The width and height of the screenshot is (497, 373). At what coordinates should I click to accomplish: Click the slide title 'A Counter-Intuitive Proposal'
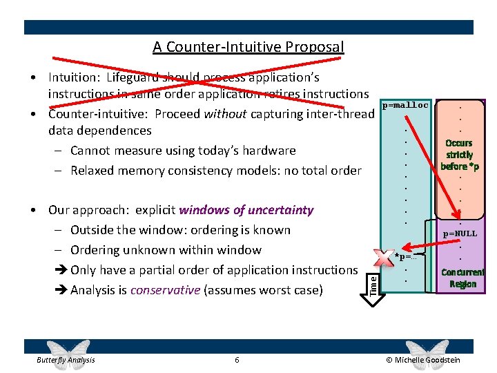pos(248,47)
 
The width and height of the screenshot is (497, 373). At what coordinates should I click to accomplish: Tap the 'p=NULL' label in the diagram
pos(460,233)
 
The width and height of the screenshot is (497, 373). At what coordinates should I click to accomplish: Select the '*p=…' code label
pos(407,257)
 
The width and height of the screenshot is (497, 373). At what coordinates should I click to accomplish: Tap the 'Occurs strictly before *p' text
pos(459,155)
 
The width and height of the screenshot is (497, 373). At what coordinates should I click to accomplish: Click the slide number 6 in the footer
pos(237,360)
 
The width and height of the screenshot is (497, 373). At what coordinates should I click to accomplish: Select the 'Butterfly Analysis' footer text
pos(66,360)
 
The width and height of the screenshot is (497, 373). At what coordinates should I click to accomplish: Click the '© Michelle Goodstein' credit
pos(423,360)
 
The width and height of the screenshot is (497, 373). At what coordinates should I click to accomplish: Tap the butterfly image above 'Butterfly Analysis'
pos(67,348)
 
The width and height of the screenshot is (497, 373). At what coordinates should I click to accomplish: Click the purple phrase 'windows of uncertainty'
pos(246,210)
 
